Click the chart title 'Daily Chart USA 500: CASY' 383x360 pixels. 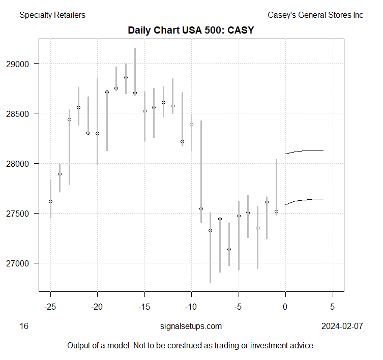[x=191, y=31]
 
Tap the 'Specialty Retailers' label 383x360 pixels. [x=52, y=15]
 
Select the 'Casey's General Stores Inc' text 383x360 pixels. [x=315, y=15]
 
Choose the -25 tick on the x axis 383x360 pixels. [x=50, y=307]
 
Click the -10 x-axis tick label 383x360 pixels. [x=191, y=307]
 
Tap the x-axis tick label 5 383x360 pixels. [x=333, y=307]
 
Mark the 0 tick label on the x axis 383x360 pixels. [x=285, y=307]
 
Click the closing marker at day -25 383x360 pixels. [x=50, y=201]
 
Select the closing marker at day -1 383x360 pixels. [x=276, y=211]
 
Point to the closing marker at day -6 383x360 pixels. [x=229, y=249]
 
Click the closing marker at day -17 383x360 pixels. [x=126, y=77]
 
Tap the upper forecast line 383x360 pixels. [x=305, y=151]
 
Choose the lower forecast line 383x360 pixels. [x=305, y=199]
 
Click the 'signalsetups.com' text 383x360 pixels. [x=191, y=326]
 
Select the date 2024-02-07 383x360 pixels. [x=342, y=326]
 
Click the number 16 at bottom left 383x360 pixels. [x=24, y=326]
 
